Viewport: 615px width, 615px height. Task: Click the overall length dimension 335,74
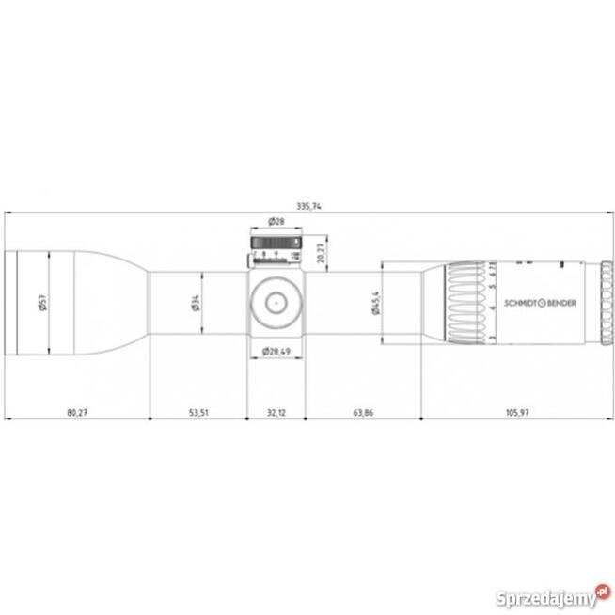pyautogui.click(x=307, y=205)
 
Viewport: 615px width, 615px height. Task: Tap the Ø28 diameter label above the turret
pyautogui.click(x=276, y=221)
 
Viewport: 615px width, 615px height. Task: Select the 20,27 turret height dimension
pyautogui.click(x=321, y=252)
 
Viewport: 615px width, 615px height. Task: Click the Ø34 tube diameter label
pyautogui.click(x=195, y=303)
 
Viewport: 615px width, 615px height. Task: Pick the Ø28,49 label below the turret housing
pyautogui.click(x=276, y=351)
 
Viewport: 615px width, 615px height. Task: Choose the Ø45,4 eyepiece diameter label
pyautogui.click(x=375, y=303)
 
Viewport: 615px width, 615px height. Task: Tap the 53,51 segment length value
pyautogui.click(x=197, y=412)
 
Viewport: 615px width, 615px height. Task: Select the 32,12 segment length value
pyautogui.click(x=276, y=412)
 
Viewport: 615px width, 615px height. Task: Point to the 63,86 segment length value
pyautogui.click(x=363, y=412)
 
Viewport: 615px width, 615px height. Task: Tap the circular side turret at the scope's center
pyautogui.click(x=276, y=302)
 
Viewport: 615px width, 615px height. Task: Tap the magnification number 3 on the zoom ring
pyautogui.click(x=493, y=336)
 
